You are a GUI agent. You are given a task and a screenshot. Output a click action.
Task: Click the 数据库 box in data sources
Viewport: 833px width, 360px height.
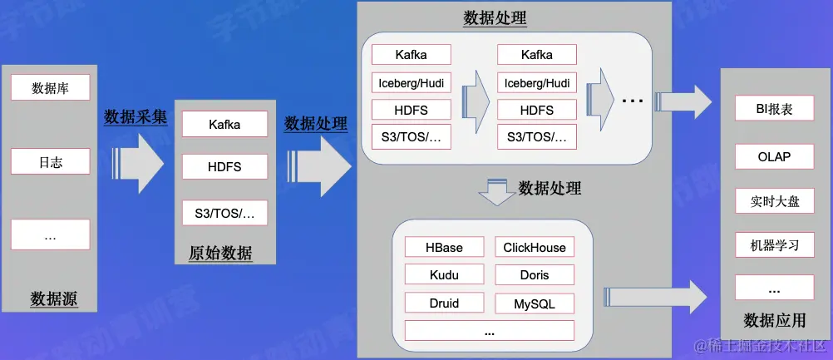click(50, 87)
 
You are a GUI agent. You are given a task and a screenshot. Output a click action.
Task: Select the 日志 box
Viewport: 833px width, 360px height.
click(50, 162)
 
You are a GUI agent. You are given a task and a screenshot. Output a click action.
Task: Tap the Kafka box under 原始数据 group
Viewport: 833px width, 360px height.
click(224, 125)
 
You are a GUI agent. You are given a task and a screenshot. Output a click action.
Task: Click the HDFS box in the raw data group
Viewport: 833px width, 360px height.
click(224, 167)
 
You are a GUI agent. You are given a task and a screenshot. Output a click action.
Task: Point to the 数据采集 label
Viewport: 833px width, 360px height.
click(136, 117)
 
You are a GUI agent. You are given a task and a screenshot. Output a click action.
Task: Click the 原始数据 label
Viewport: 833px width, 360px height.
click(220, 254)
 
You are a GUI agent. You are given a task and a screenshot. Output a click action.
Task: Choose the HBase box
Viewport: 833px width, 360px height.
click(444, 247)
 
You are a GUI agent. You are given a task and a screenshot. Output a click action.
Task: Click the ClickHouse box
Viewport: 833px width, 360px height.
click(535, 247)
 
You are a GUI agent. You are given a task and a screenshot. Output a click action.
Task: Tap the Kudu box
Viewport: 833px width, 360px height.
click(444, 275)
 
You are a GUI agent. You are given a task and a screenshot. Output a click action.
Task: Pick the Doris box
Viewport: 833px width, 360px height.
click(535, 275)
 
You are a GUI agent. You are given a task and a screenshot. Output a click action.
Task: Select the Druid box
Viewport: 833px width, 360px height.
click(444, 303)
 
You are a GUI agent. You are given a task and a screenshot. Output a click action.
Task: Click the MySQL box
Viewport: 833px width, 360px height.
click(535, 303)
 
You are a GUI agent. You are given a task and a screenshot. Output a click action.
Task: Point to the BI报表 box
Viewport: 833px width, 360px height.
click(774, 109)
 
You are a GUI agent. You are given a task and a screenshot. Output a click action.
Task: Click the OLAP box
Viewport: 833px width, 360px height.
click(774, 156)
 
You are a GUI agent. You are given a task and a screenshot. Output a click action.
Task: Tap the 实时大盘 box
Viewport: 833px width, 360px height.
click(774, 201)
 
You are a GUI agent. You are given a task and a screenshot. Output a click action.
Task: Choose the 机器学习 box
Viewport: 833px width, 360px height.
click(774, 245)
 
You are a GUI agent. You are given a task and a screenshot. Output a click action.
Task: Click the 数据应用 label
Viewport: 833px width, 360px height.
click(775, 320)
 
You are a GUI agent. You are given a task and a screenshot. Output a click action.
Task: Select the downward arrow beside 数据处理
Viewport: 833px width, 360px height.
click(496, 194)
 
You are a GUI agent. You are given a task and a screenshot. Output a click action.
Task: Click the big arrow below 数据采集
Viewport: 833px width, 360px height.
click(141, 158)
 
